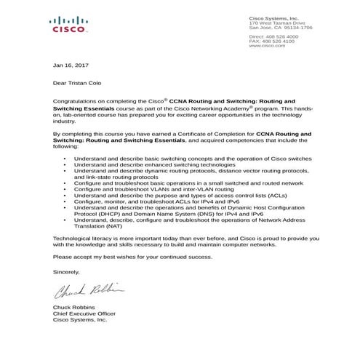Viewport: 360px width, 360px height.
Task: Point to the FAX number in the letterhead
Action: pos(279,41)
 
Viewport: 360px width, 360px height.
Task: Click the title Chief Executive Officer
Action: pos(84,314)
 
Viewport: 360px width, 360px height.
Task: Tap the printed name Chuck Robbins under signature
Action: pos(75,308)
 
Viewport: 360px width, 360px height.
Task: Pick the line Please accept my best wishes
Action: pos(127,257)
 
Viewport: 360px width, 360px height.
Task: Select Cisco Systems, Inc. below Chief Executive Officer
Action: pos(80,320)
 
